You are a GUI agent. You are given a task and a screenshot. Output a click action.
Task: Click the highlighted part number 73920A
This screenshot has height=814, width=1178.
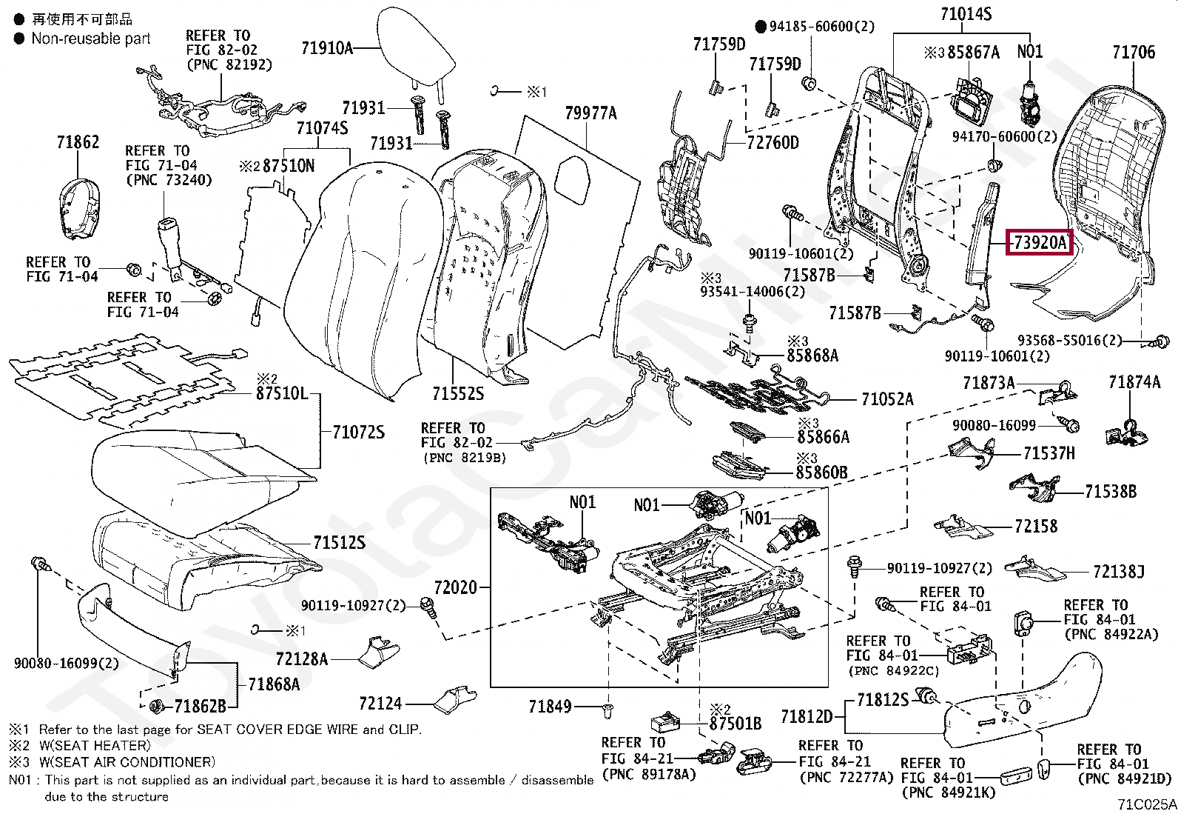tap(1040, 242)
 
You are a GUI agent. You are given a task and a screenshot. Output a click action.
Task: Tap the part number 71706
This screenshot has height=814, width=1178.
tap(1133, 52)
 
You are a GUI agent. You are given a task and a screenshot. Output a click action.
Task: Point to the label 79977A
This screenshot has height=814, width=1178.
tap(590, 113)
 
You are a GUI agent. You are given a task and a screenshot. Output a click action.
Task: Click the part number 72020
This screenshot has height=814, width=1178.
tap(455, 587)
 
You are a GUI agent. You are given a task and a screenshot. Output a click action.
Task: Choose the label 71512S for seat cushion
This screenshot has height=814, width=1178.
tap(339, 543)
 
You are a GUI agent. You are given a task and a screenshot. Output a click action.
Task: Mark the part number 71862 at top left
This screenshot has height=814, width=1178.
tap(78, 141)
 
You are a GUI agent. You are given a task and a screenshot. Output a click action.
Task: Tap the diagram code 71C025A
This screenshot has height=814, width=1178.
tap(1146, 804)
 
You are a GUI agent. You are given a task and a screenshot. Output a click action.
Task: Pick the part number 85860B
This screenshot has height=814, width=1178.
tap(821, 472)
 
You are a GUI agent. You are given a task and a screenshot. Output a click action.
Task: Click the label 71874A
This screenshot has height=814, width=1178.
tap(1134, 382)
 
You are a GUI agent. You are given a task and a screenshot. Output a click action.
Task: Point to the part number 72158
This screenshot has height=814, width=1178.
tap(1036, 527)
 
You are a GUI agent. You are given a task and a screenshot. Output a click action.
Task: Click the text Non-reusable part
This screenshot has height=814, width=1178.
tap(91, 39)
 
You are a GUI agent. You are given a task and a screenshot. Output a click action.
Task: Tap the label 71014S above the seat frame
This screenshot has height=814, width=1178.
tap(966, 14)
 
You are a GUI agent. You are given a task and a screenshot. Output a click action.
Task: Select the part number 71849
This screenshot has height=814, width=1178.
tap(550, 707)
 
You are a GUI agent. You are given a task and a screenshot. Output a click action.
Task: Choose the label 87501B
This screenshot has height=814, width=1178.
tap(735, 723)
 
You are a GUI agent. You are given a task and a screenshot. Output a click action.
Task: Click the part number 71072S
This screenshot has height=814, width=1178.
tap(358, 432)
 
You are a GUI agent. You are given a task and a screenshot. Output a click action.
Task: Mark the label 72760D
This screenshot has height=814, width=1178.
tap(773, 142)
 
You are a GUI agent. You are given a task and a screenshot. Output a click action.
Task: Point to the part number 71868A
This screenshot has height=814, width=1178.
tap(274, 684)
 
